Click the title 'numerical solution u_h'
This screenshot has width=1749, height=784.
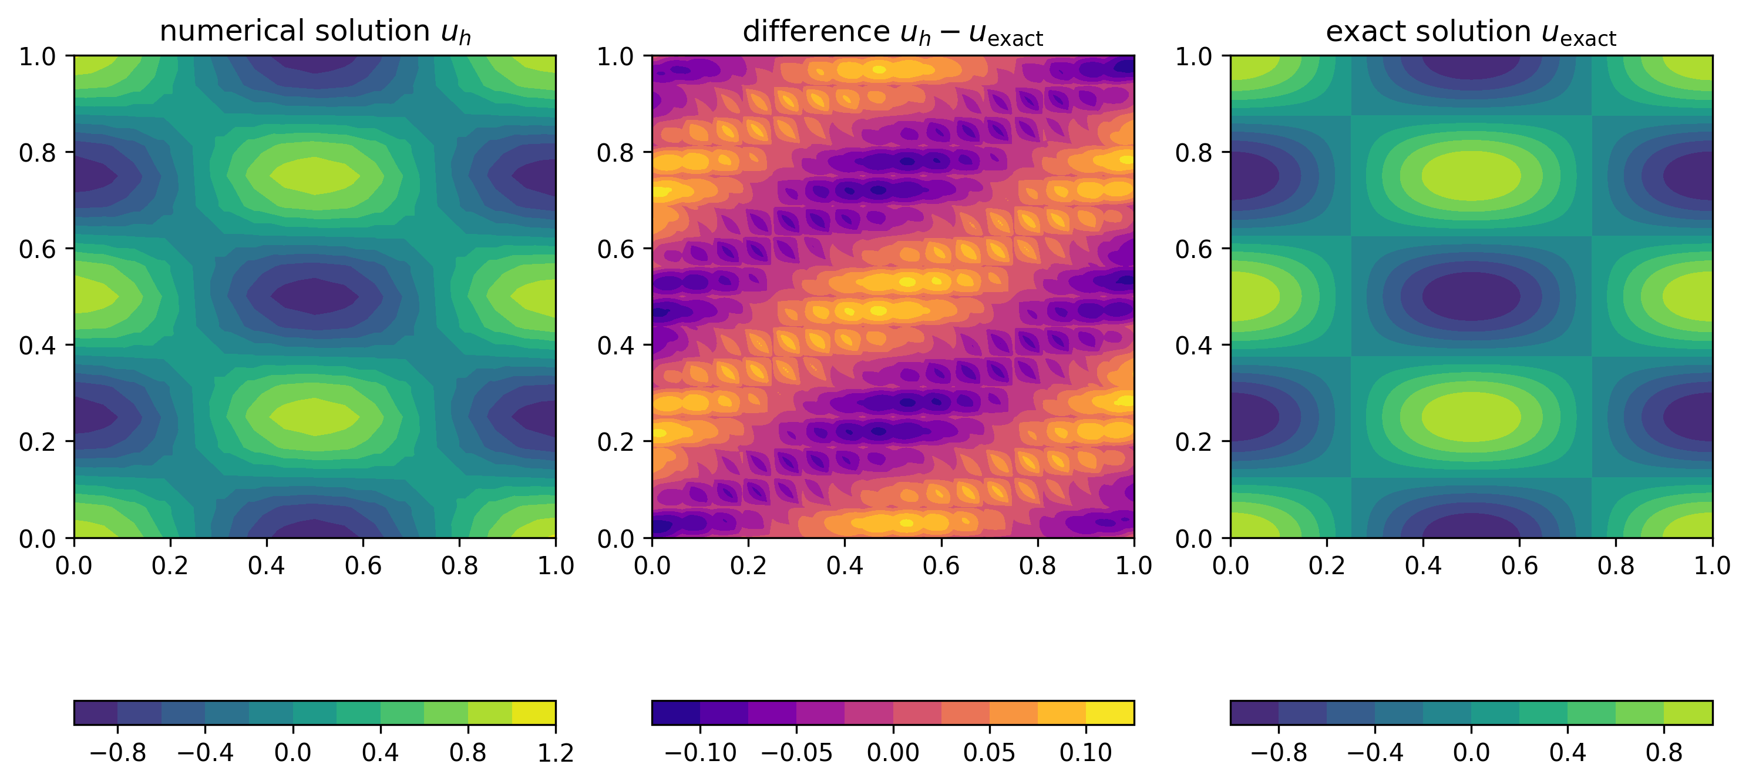[314, 32]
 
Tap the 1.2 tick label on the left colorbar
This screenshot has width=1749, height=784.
[556, 753]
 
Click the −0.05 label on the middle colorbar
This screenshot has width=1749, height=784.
[796, 753]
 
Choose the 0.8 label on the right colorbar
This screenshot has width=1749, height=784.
[1663, 753]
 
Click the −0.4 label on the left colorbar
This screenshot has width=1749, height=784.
[205, 753]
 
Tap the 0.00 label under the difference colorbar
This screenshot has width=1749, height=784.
[893, 753]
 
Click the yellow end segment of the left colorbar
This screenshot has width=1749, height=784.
[534, 713]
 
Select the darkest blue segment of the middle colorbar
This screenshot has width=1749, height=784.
[675, 713]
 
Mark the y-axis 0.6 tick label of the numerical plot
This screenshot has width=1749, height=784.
[38, 249]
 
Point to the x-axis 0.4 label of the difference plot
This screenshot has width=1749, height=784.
[844, 565]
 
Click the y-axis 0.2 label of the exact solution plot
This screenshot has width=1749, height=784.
[1193, 441]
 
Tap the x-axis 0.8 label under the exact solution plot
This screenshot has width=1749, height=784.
[1615, 565]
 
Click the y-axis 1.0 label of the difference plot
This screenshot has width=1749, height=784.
[615, 56]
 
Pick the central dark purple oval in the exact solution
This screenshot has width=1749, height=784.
[1471, 296]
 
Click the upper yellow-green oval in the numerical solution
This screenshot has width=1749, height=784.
[314, 175]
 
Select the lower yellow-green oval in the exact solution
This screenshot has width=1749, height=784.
[1471, 417]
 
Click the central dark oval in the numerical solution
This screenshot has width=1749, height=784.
[314, 296]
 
